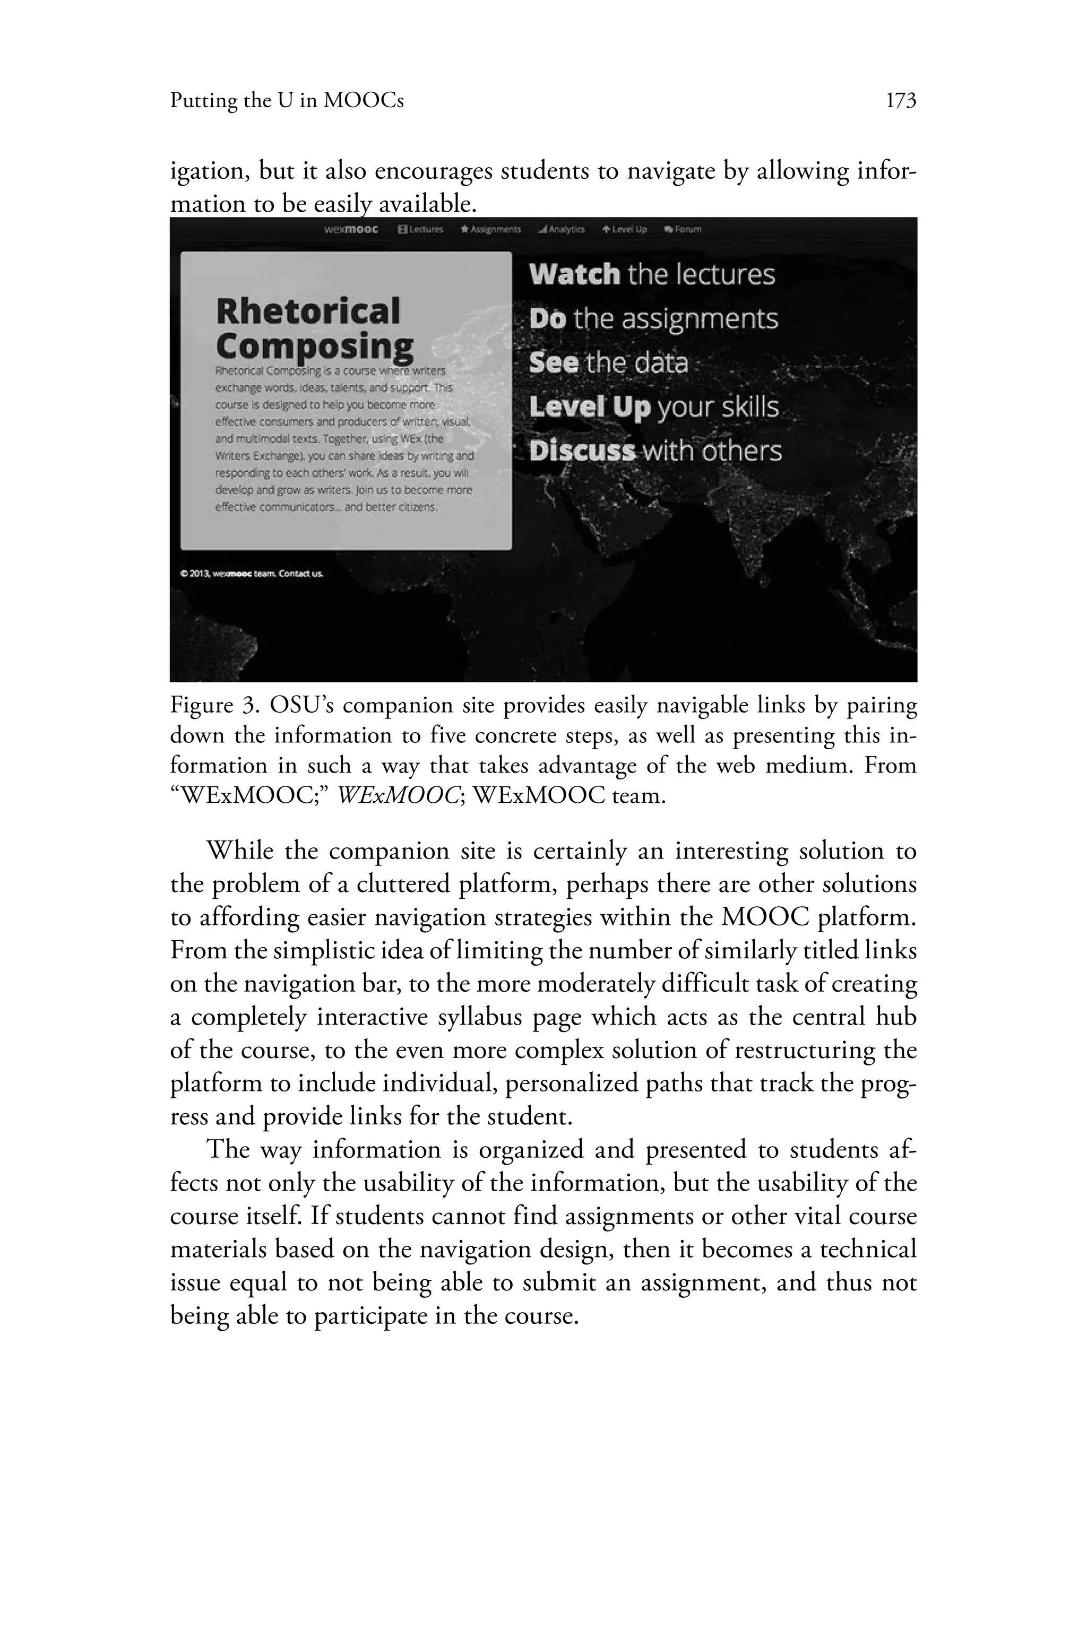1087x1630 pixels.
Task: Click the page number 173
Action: (x=901, y=102)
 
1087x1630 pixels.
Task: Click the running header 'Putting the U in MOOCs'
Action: (x=286, y=102)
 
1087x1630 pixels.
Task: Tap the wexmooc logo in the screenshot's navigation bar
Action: (x=351, y=229)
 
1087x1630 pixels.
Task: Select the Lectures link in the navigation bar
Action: (x=421, y=229)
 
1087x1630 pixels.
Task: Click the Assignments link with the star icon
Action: (x=491, y=229)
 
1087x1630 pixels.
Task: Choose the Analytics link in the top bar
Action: (x=562, y=229)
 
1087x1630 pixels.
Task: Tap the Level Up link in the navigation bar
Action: (x=625, y=229)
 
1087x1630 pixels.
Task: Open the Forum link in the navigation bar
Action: (x=683, y=229)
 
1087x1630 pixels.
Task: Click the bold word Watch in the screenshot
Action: (x=574, y=274)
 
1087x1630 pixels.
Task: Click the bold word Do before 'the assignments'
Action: (x=547, y=319)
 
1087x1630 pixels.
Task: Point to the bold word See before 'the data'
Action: (x=553, y=363)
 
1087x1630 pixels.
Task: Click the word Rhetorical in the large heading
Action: (x=308, y=310)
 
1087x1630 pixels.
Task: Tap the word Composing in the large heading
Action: (x=315, y=346)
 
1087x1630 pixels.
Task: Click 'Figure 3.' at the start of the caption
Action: (x=213, y=706)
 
